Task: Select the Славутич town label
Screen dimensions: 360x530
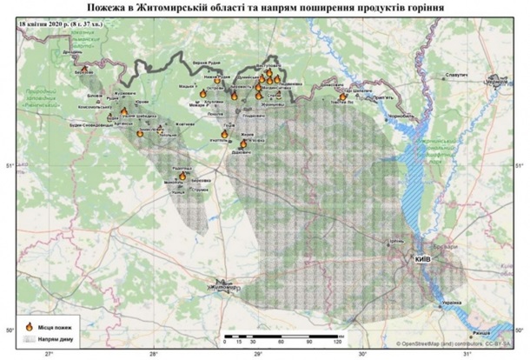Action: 456,76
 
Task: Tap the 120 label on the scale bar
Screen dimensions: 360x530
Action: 336,342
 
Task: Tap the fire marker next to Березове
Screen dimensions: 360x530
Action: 85,68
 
